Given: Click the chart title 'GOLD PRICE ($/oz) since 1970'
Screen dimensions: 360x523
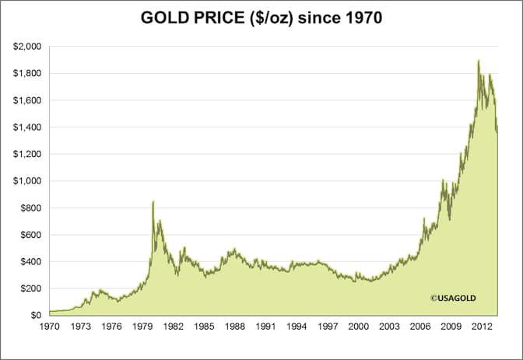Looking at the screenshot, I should point(261,16).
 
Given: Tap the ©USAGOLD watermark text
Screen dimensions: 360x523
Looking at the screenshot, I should point(453,297).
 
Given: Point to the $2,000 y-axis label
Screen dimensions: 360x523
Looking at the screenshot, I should point(26,47).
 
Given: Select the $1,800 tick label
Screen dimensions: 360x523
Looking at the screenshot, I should point(26,74).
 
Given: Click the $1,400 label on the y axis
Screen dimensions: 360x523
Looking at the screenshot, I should point(26,128).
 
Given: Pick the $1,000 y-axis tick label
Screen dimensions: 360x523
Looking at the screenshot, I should point(26,181).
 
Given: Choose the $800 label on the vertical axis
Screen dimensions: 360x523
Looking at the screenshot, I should point(30,208).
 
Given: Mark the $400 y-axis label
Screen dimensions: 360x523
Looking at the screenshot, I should point(30,262).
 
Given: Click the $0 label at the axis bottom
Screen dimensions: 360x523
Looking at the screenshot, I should point(35,316).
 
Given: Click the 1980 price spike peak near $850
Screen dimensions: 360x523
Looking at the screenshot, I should point(153,201).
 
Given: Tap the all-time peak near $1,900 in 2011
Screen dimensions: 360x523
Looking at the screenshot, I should point(478,61).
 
